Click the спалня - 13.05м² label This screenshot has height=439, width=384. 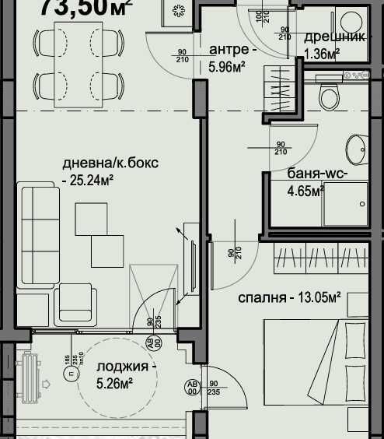click(x=290, y=297)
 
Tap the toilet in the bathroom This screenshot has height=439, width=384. click(x=330, y=98)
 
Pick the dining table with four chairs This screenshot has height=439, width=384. click(x=78, y=63)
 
